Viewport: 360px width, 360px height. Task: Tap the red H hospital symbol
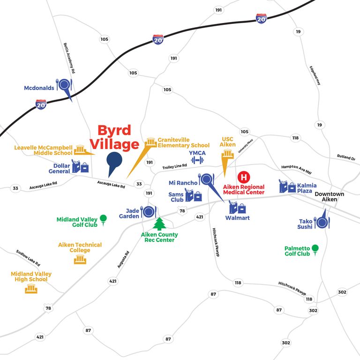243,177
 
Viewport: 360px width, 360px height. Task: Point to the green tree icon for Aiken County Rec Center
160,224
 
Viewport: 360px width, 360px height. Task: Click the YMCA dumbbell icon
197,160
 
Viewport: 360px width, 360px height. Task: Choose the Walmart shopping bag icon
237,207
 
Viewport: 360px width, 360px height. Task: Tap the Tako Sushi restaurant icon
322,222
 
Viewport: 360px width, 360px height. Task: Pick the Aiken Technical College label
80,247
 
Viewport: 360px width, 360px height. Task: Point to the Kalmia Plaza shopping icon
287,186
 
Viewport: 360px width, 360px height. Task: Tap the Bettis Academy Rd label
69,56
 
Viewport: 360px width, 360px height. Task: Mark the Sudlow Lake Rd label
28,257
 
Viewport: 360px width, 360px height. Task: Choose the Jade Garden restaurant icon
149,212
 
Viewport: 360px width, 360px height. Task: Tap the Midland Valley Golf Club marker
103,218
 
